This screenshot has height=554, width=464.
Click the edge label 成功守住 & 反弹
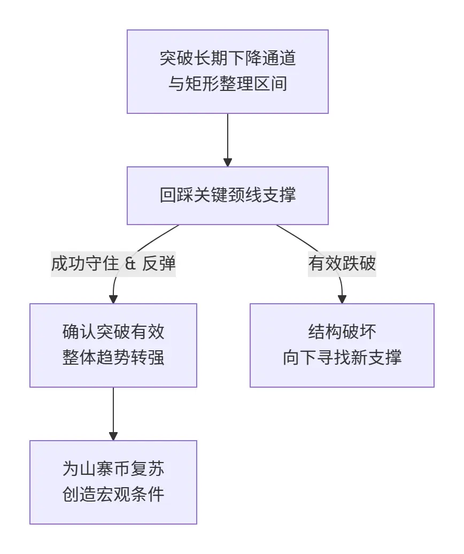click(x=113, y=264)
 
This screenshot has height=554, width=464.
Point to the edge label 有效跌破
click(x=342, y=264)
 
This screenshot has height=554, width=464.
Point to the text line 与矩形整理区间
click(x=227, y=84)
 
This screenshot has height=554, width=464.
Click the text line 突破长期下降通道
click(x=227, y=58)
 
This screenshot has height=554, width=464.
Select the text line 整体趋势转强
click(x=113, y=357)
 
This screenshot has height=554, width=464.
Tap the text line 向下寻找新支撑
click(x=342, y=357)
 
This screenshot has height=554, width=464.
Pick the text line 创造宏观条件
click(x=113, y=494)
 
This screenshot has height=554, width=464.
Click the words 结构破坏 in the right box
click(x=342, y=332)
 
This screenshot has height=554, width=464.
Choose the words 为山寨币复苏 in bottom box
click(x=113, y=469)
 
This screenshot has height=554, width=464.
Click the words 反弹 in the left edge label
click(x=159, y=264)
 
